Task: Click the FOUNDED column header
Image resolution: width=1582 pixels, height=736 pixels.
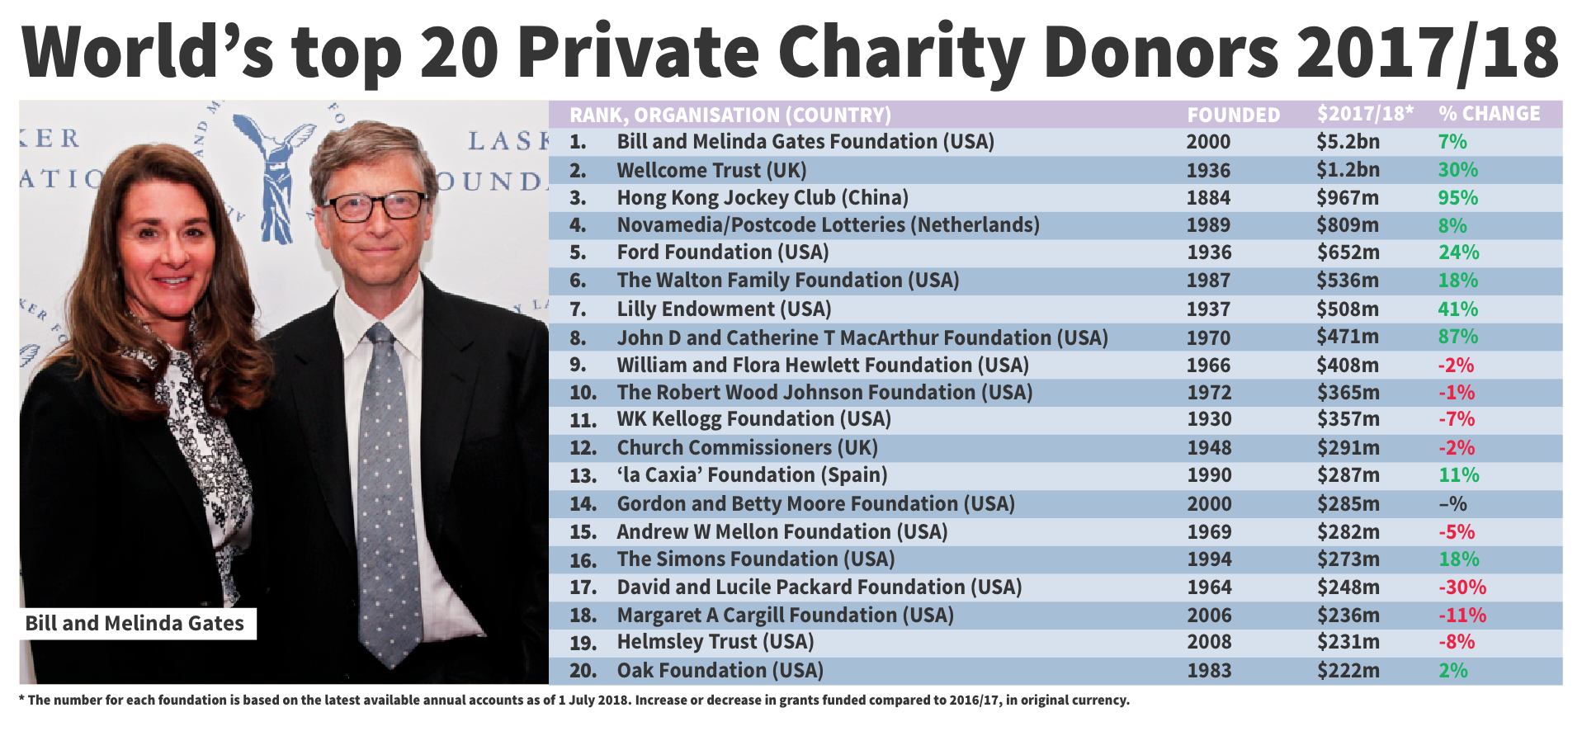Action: click(1233, 115)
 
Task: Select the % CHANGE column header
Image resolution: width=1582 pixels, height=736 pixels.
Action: click(1489, 114)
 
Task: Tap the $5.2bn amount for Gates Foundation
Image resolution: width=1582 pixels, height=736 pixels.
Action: click(1348, 142)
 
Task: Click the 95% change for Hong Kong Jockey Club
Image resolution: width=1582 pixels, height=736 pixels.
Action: click(1457, 198)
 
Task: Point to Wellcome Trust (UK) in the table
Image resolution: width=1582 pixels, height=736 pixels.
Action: click(711, 171)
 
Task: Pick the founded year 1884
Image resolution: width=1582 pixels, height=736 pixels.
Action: click(1208, 198)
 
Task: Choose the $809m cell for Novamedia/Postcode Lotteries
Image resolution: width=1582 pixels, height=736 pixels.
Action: click(1347, 225)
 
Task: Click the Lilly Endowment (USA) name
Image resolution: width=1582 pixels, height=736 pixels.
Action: click(724, 309)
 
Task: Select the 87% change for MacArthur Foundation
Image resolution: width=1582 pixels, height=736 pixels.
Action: click(1457, 337)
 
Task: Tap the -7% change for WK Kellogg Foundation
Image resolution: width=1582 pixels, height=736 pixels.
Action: click(1457, 419)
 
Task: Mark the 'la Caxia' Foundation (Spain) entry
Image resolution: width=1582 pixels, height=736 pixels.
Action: click(752, 475)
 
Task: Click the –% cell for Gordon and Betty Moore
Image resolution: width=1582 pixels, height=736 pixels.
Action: click(1452, 504)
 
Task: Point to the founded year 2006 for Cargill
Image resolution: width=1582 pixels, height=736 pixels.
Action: click(1209, 616)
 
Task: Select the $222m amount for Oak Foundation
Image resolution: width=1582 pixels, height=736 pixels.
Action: click(1348, 671)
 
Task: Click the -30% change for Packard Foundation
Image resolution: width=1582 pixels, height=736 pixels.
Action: click(1462, 587)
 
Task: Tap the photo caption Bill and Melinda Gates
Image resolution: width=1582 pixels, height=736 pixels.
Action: click(135, 623)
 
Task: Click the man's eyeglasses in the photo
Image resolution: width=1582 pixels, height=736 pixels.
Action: click(375, 205)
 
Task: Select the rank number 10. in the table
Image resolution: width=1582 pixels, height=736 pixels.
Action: click(583, 393)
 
